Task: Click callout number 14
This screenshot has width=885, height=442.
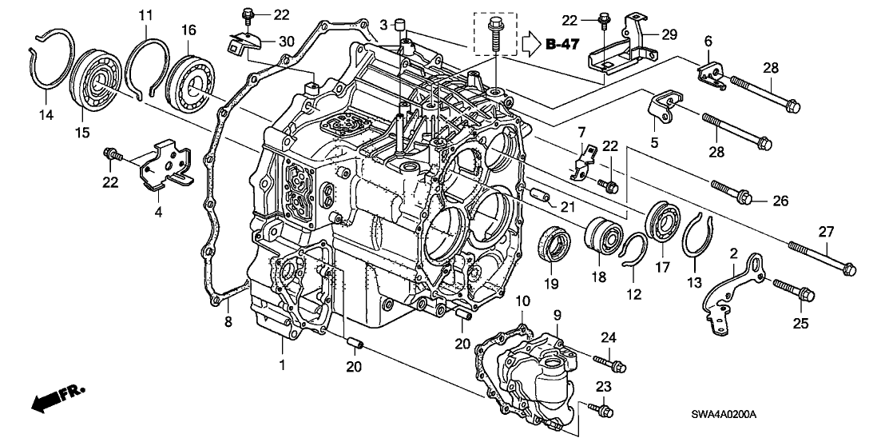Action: [x=46, y=116]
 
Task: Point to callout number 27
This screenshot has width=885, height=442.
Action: [x=826, y=232]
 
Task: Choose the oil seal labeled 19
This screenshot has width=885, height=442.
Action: [x=552, y=243]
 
